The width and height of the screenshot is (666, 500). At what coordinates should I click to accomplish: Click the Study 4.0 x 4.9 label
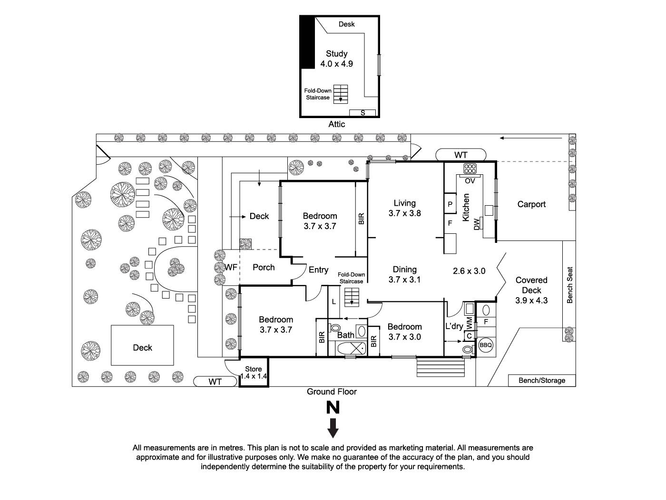336,59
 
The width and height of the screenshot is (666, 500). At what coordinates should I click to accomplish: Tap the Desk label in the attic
346,24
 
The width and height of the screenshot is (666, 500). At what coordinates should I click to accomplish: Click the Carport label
531,204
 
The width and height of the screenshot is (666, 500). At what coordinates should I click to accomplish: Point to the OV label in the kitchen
470,181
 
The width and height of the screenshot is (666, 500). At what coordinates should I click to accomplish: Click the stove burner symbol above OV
470,169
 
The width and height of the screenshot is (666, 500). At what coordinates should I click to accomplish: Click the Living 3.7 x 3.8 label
404,208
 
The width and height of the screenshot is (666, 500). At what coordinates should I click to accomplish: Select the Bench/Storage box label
542,380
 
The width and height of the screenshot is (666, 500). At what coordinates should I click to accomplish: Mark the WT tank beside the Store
215,381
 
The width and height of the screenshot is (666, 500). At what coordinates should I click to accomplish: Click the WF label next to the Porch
231,268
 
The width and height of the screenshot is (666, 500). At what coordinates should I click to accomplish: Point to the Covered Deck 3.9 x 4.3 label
531,290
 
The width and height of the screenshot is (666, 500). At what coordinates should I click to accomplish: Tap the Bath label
346,335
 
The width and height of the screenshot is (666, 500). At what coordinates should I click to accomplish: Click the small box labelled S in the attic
362,113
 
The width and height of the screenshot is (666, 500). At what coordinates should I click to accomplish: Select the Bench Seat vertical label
569,285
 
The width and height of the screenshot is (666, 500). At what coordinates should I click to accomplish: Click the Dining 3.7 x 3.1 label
404,274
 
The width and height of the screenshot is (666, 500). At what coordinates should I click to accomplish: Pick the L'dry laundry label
454,326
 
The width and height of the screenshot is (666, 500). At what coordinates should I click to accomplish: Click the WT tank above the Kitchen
460,155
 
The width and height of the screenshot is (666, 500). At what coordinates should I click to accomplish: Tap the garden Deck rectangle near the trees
142,345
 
